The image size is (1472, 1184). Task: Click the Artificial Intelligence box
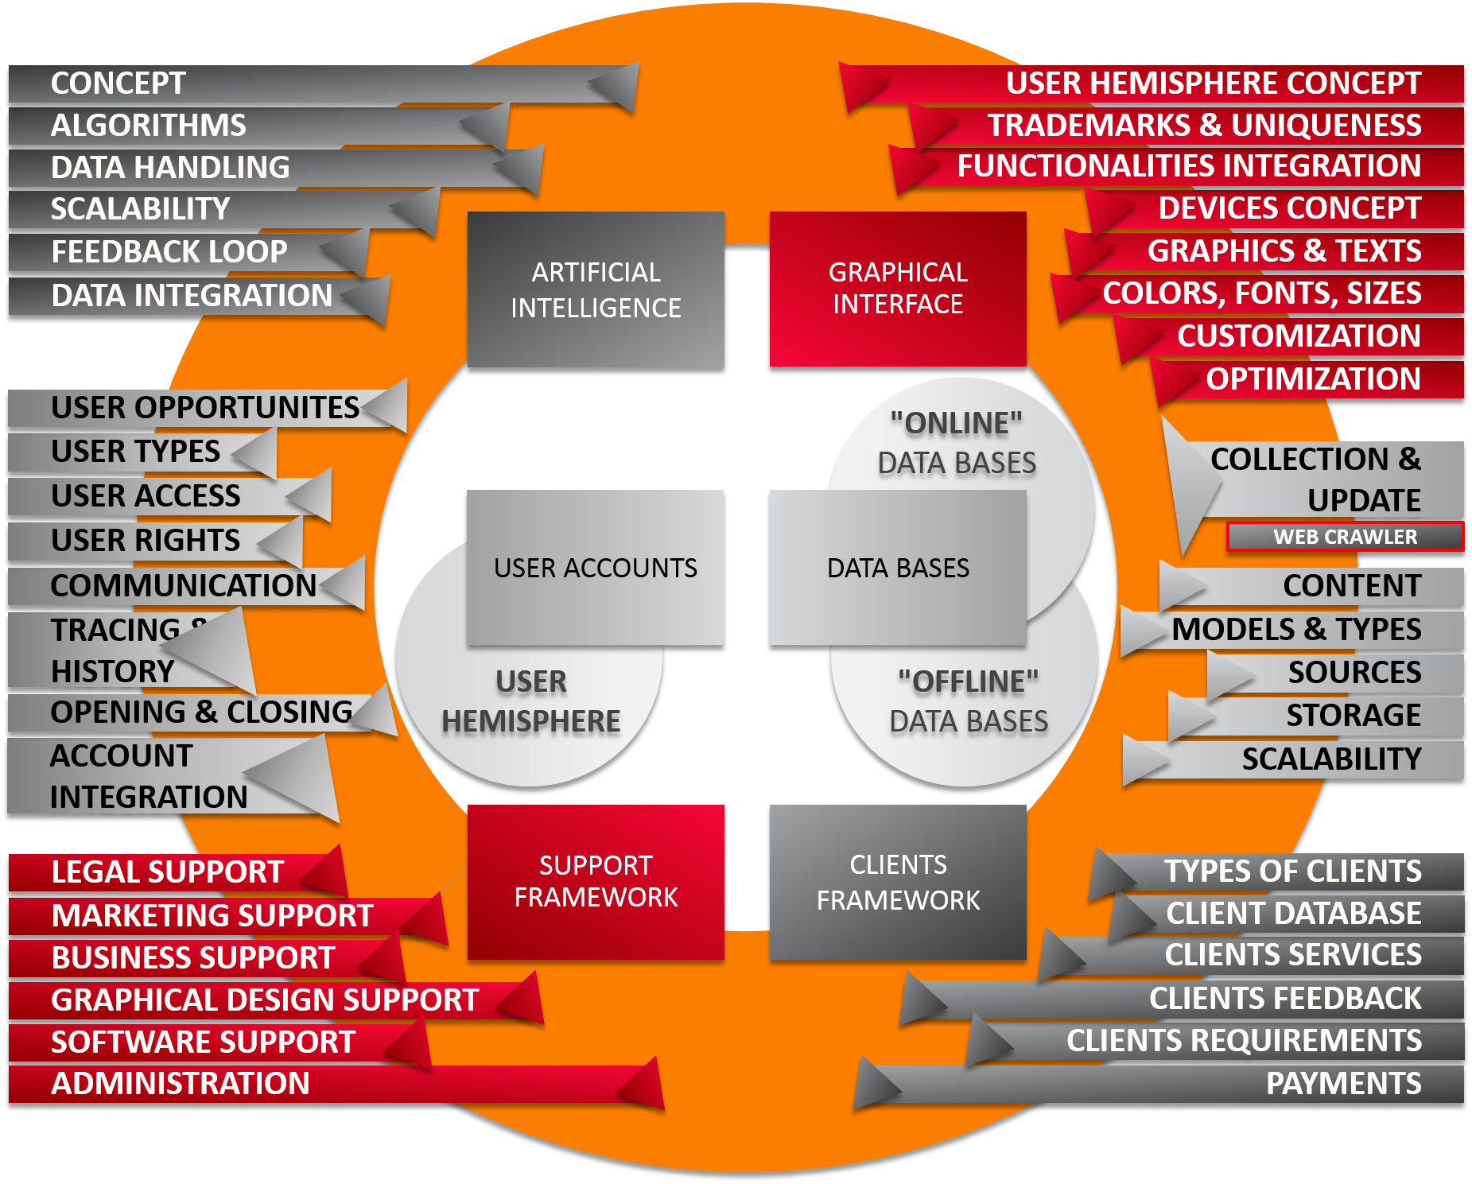point(596,289)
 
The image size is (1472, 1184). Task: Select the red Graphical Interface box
point(898,289)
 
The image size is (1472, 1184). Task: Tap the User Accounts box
point(595,567)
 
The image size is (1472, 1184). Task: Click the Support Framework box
point(596,882)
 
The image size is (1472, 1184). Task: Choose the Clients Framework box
point(898,882)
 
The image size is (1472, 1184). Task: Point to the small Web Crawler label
point(1345,537)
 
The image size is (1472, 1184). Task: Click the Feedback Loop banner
point(169,252)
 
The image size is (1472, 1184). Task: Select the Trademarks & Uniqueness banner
point(1204,126)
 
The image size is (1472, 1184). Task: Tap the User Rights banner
point(146,541)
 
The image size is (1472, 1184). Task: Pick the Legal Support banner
point(167,872)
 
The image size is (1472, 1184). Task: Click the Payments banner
point(1343,1084)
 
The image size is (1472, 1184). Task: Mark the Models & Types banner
point(1296,630)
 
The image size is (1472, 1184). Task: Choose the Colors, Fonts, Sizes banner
point(1261,293)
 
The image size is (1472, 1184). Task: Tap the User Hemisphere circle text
point(530,701)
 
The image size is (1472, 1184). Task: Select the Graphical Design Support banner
point(265,1000)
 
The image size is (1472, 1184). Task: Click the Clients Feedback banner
point(1284,999)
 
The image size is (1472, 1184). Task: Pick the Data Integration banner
point(192,296)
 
